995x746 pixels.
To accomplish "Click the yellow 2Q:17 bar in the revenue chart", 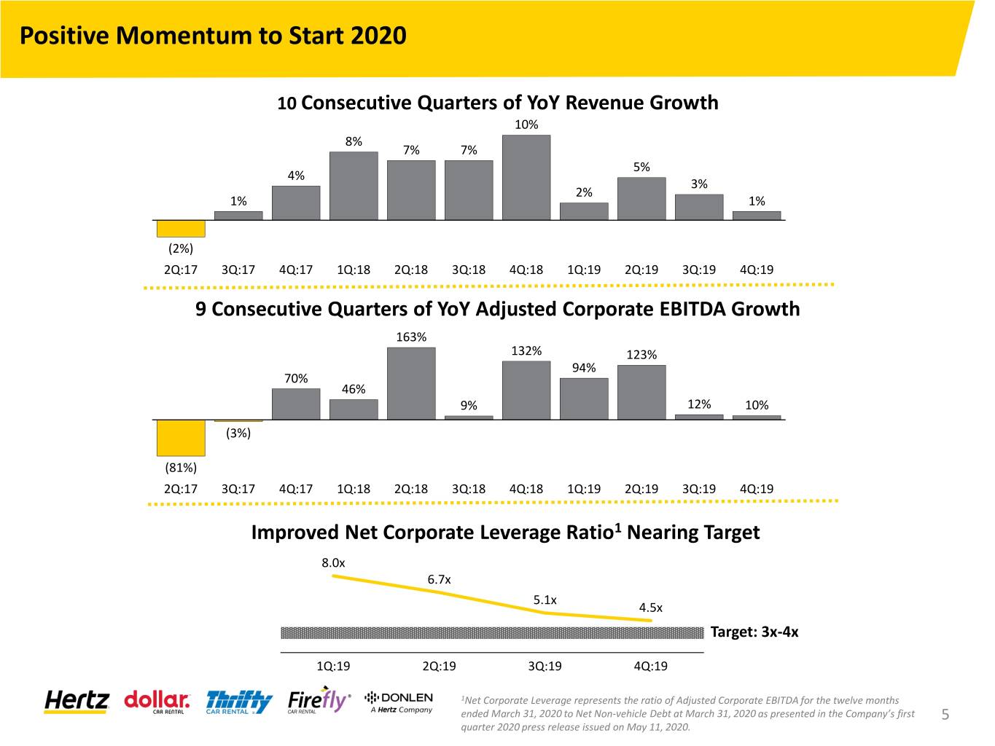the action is click(181, 229).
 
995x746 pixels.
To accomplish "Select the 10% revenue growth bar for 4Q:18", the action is click(526, 178).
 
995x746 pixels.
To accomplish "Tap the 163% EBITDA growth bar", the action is click(411, 384).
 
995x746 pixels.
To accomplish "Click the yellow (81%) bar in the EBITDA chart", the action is click(181, 438).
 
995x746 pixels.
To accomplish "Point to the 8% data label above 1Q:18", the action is click(354, 142).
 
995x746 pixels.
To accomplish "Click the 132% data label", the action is click(526, 351).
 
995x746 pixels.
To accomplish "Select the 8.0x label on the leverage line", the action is click(333, 563).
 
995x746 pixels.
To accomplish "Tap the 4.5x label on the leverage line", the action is click(650, 608).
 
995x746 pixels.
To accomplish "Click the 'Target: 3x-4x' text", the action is click(754, 632).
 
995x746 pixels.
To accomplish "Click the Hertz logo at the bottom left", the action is click(77, 702).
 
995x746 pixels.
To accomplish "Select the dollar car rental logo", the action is click(157, 702).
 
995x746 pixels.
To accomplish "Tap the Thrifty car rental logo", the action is click(239, 702).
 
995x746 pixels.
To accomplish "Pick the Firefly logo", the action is click(319, 700).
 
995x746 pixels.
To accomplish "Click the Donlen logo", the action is click(399, 702).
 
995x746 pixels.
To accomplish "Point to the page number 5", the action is click(945, 714).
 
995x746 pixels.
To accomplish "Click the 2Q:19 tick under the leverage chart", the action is click(439, 667).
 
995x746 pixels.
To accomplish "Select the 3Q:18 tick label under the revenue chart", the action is click(469, 270).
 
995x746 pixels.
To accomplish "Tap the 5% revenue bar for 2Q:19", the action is click(641, 199).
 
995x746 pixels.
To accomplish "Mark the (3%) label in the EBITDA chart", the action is click(238, 433).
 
